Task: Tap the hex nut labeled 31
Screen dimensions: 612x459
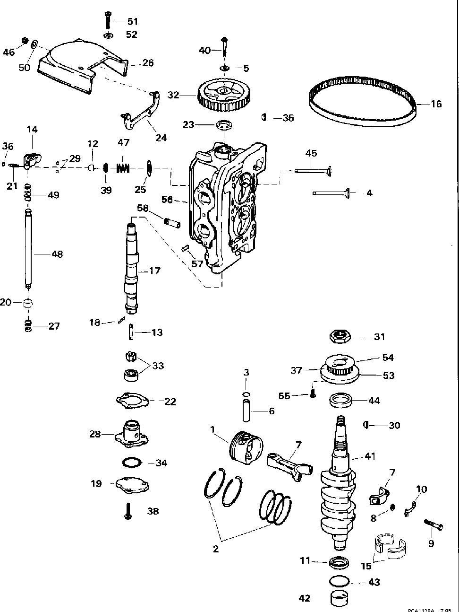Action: (340, 337)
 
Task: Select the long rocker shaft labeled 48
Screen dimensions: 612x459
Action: (29, 249)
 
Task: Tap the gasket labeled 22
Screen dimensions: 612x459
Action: (133, 400)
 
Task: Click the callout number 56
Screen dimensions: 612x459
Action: (167, 200)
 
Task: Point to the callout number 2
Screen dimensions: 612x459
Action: (216, 549)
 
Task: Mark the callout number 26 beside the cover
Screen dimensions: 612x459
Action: (148, 63)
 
